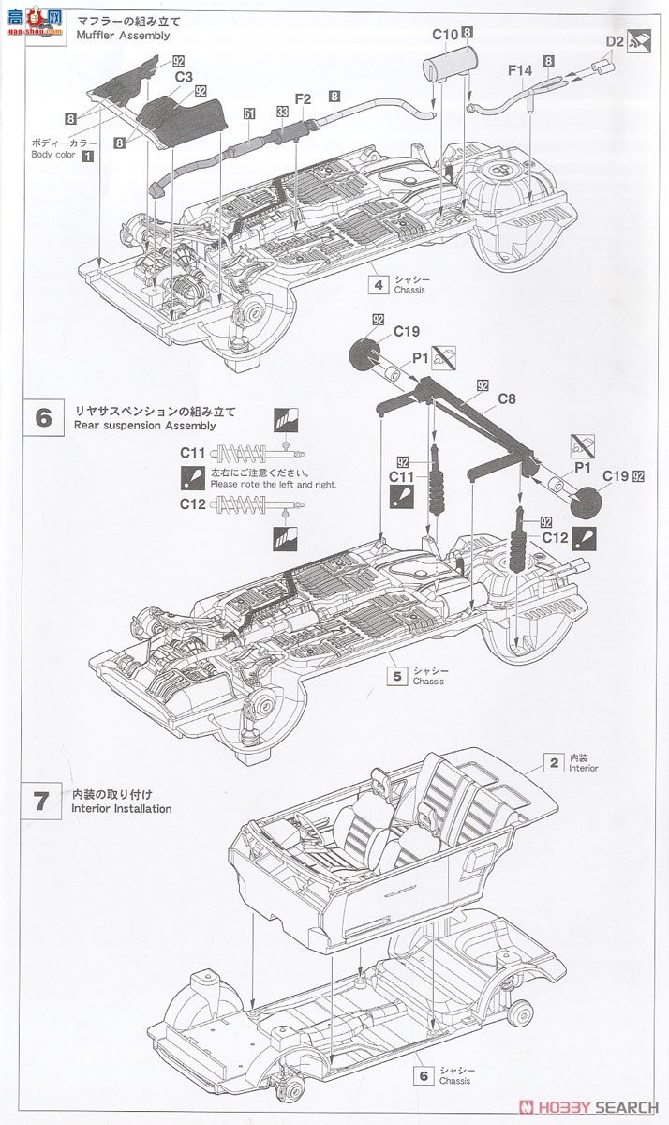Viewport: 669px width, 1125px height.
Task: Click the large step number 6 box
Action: pos(42,417)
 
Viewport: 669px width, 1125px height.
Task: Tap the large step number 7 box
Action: pos(42,801)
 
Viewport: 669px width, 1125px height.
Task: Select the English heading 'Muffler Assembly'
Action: pos(121,36)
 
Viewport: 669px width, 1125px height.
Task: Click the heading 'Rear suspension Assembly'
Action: pos(143,425)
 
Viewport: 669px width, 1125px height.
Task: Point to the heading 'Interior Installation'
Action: pos(122,808)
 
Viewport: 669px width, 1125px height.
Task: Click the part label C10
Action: pos(445,35)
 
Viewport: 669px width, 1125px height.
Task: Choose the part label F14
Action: pos(520,69)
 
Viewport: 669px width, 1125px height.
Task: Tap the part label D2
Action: pos(615,41)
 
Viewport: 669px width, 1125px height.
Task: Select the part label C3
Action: pos(184,76)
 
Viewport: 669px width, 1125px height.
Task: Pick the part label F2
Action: pos(303,97)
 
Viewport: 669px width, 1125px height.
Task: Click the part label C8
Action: pos(507,398)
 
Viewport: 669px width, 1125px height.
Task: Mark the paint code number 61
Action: pos(249,113)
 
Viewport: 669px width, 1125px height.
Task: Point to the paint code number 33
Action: pos(281,112)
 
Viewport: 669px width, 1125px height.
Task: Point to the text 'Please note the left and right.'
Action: pos(273,485)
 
